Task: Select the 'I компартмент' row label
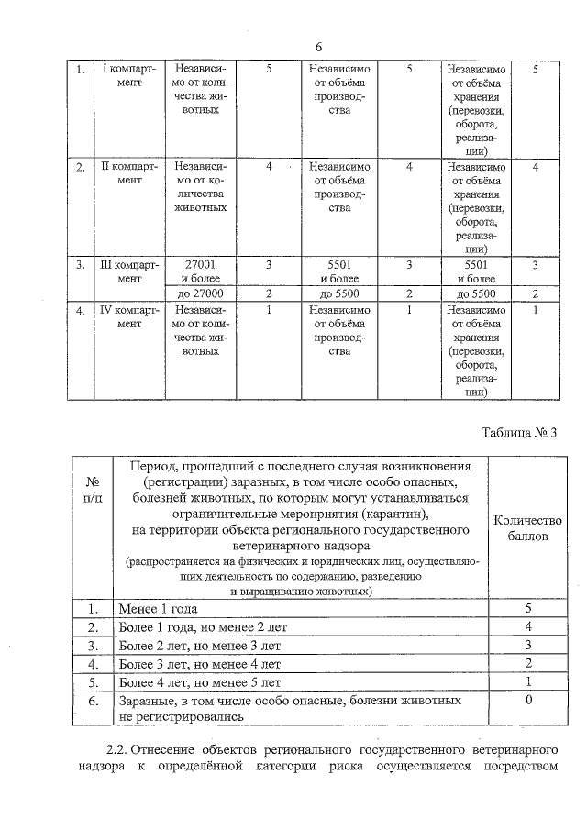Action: tap(129, 75)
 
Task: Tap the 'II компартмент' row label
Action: tap(129, 173)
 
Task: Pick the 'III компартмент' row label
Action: tap(129, 271)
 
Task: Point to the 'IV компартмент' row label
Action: tap(129, 317)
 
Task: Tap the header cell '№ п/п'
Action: tap(92, 489)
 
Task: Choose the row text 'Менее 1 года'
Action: tap(158, 609)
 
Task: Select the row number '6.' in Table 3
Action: tap(92, 701)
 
